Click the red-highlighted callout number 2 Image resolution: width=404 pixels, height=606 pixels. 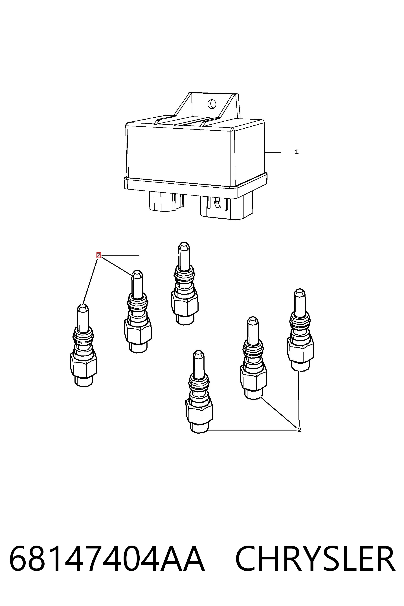(x=99, y=255)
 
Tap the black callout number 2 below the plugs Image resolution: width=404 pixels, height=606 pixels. (x=299, y=430)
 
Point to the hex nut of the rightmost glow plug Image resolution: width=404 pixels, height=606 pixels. (x=300, y=350)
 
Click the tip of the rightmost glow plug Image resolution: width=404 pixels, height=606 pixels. (x=300, y=291)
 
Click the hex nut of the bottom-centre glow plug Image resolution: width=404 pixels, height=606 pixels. (x=199, y=411)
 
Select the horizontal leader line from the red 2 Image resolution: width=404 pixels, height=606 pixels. (x=140, y=255)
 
